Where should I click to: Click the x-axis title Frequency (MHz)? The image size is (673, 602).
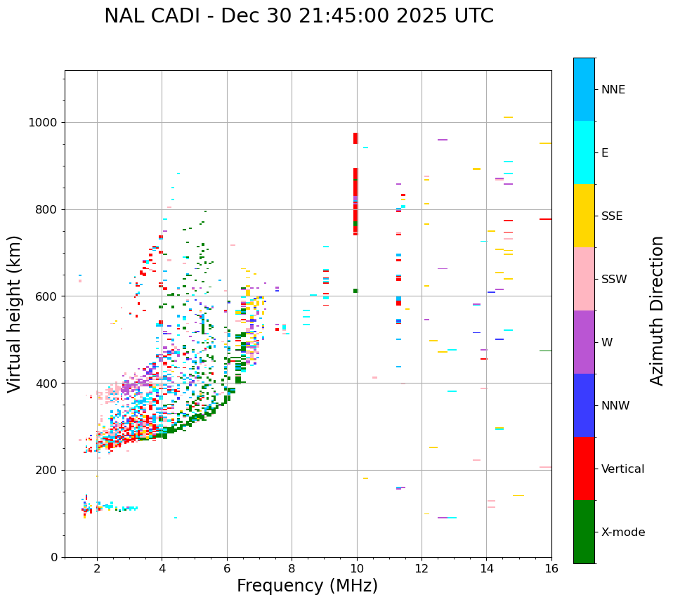pos(307,586)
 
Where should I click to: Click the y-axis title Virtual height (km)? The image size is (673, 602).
pos(15,314)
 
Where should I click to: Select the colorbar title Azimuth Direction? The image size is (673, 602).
pos(657,310)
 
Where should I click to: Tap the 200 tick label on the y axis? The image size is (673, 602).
pos(47,470)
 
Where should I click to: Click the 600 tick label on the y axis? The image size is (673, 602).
pos(47,296)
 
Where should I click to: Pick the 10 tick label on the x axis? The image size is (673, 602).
pos(357,568)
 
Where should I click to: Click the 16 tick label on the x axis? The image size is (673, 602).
pos(551,568)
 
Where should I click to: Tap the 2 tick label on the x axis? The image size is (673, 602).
pos(97,568)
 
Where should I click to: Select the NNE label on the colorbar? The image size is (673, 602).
pos(613,90)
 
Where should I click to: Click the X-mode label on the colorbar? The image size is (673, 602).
pos(622,532)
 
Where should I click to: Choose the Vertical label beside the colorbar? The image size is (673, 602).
pos(622,469)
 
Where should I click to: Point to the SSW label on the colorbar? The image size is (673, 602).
pos(614,280)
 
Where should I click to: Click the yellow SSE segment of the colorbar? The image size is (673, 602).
pos(584,216)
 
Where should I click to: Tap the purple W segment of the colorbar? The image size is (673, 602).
pos(584,342)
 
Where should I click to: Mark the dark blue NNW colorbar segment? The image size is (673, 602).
pos(584,405)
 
